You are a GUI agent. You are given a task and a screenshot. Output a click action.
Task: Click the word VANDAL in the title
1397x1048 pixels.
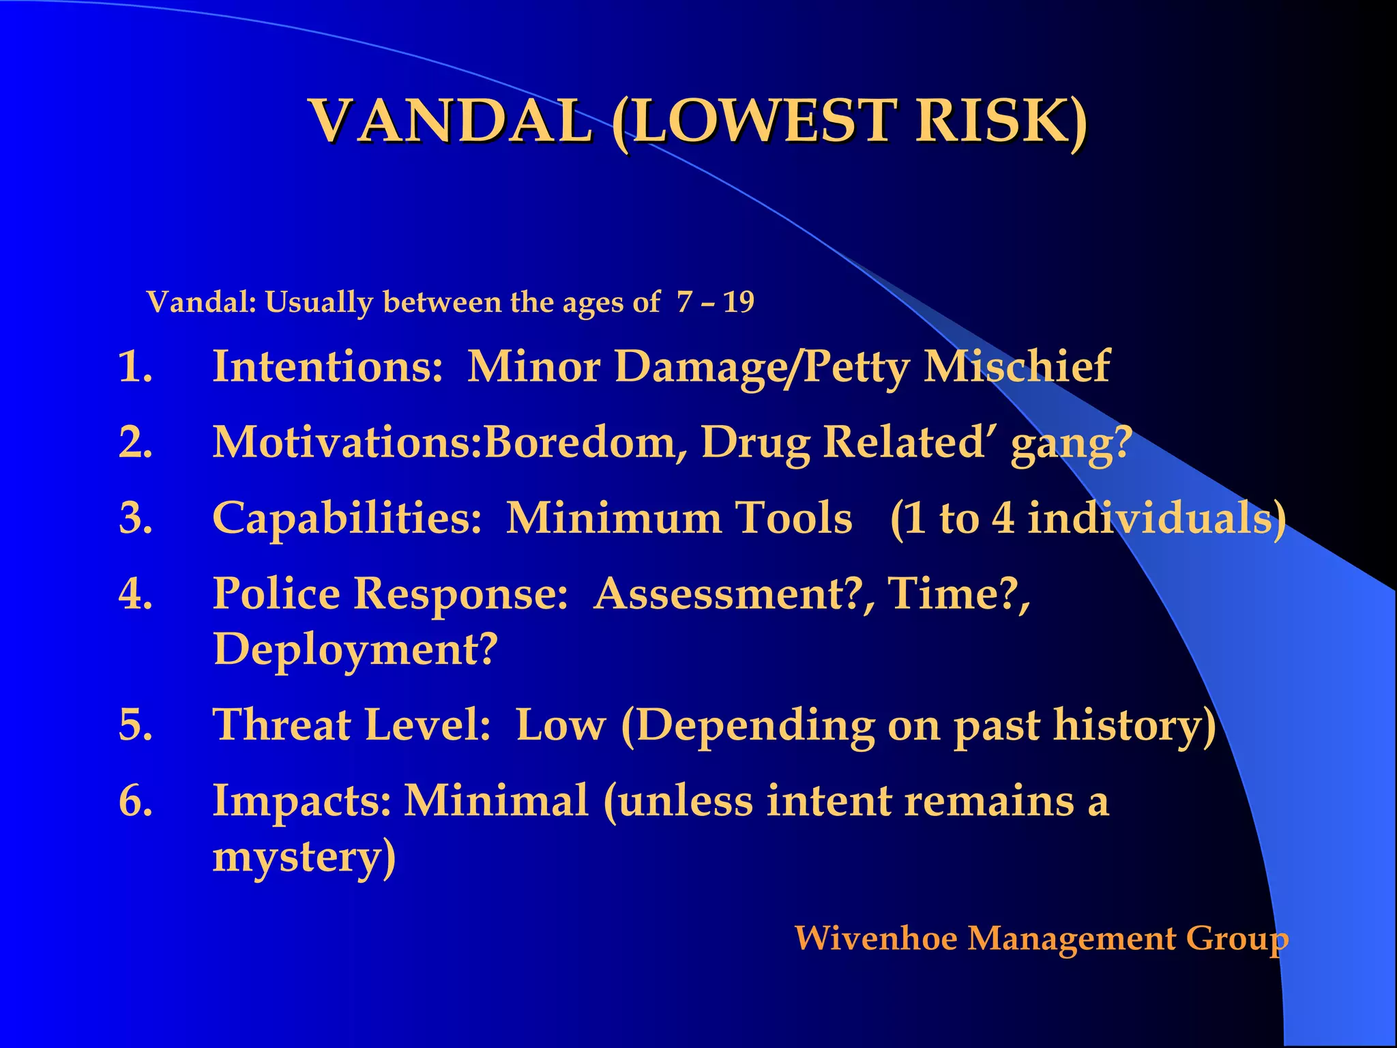pyautogui.click(x=451, y=121)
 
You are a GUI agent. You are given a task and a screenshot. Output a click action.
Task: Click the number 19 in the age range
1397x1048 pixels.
pyautogui.click(x=738, y=302)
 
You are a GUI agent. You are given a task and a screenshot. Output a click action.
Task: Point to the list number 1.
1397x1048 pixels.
pyautogui.click(x=134, y=367)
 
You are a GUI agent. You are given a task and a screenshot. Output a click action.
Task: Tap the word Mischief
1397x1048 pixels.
pyautogui.click(x=1016, y=367)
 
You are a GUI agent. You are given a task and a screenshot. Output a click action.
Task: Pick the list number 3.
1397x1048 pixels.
pyautogui.click(x=134, y=518)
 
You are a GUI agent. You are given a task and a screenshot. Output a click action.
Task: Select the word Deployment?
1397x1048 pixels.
pyautogui.click(x=355, y=650)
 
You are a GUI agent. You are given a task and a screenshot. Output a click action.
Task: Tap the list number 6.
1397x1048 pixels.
pyautogui.click(x=134, y=800)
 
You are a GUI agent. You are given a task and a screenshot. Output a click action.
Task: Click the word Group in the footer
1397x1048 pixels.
pyautogui.click(x=1237, y=940)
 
